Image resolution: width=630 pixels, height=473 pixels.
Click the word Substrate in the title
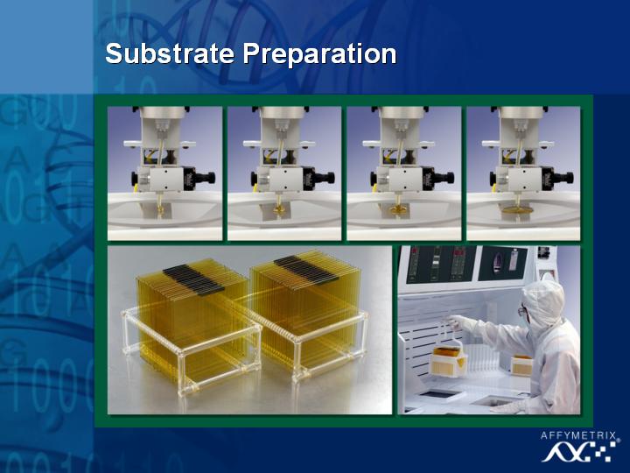[x=170, y=53]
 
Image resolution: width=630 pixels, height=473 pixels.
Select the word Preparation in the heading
[x=320, y=54]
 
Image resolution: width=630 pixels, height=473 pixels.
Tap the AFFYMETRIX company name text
[x=577, y=435]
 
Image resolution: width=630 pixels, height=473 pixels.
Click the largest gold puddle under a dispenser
[x=517, y=209]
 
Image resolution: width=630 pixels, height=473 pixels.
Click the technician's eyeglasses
[x=522, y=310]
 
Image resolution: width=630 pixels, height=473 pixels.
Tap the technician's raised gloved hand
[x=457, y=321]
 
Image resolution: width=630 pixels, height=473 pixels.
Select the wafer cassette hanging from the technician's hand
[x=448, y=360]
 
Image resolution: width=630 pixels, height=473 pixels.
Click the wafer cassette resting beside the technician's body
[x=521, y=365]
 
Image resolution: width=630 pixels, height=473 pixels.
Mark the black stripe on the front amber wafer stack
[x=193, y=279]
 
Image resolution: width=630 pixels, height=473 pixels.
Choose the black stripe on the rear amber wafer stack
[x=304, y=269]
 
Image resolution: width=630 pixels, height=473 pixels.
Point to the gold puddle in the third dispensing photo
[x=399, y=209]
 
